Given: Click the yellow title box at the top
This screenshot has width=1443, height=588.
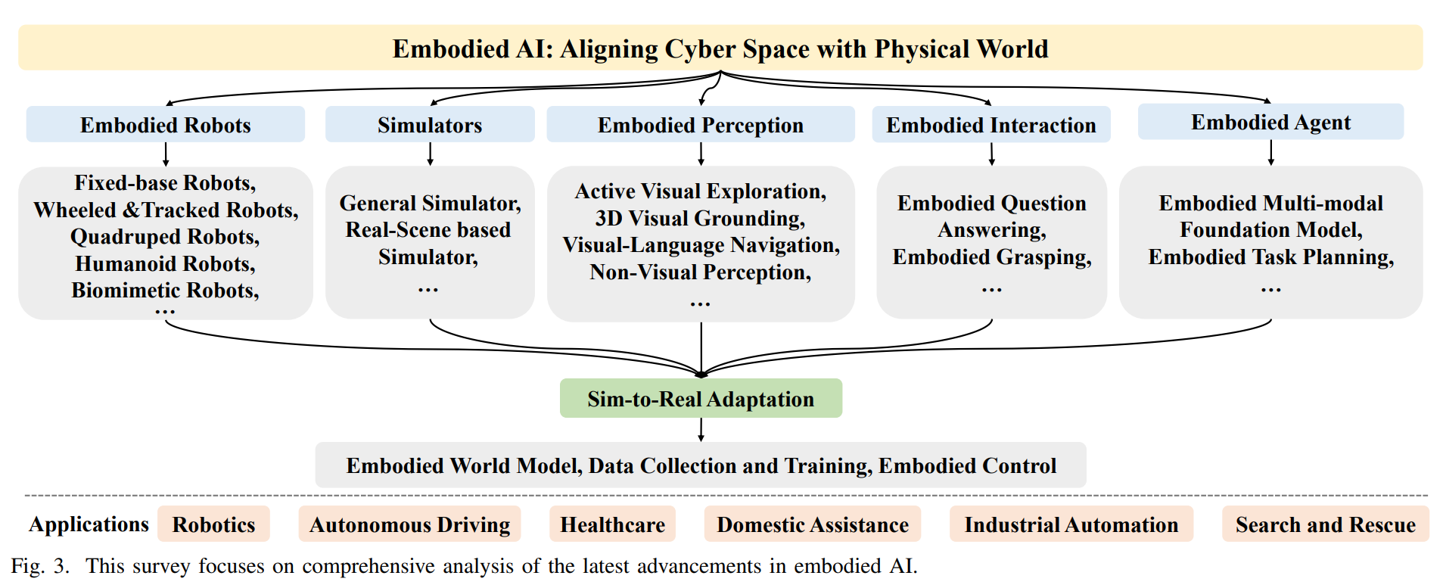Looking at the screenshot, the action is click(x=720, y=48).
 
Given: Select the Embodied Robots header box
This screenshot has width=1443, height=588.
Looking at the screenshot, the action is click(x=166, y=124).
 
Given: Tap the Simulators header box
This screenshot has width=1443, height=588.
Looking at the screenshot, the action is click(x=430, y=124).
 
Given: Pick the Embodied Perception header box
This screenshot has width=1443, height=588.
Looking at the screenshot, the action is click(x=701, y=124).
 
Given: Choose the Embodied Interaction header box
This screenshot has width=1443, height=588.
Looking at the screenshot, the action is click(x=991, y=124).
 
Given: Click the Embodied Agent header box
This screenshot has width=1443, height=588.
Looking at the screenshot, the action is click(x=1271, y=122).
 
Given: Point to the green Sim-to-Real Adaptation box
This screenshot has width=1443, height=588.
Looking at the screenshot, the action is click(x=701, y=398).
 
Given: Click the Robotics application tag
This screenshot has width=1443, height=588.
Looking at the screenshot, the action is click(x=213, y=524).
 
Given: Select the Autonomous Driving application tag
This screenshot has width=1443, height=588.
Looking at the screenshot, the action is click(x=409, y=524).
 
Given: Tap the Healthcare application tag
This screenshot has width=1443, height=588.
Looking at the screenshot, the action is click(x=612, y=524).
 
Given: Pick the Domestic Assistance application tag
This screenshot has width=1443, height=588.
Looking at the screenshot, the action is click(x=813, y=524).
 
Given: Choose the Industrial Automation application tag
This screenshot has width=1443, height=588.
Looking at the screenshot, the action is click(x=1071, y=524).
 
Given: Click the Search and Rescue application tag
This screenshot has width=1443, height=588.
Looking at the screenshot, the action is click(x=1326, y=524).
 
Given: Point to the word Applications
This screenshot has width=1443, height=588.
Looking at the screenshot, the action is click(x=89, y=524).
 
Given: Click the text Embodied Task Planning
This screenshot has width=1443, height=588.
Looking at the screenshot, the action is click(x=1269, y=257).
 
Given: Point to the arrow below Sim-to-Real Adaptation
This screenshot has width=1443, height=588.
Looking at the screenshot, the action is click(x=701, y=430).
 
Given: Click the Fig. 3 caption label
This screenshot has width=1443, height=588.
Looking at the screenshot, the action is click(x=40, y=566).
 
